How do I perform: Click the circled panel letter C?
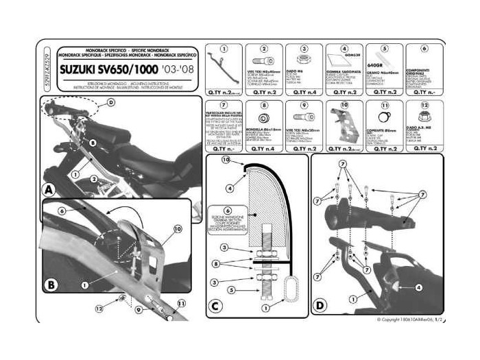(x=215, y=305)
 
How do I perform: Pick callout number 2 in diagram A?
(x=94, y=178)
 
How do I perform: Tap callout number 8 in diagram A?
(x=92, y=142)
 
